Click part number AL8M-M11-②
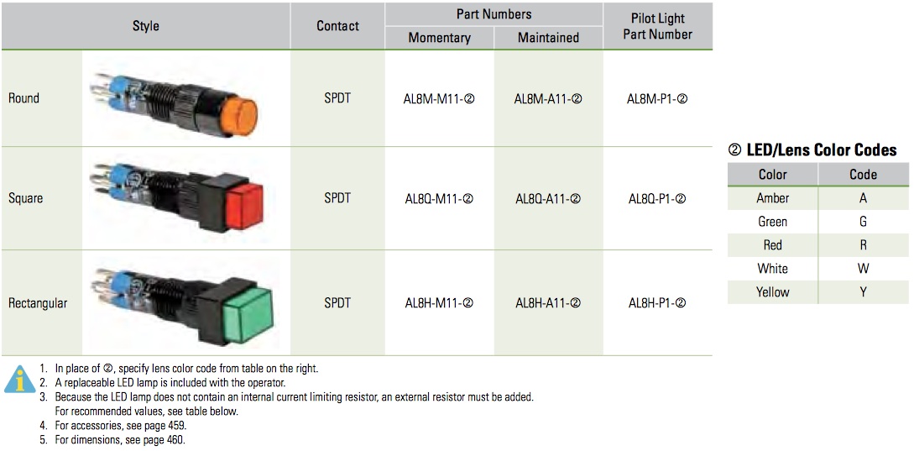click(439, 98)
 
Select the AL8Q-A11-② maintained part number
click(548, 199)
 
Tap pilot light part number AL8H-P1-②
click(657, 303)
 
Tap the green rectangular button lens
click(248, 316)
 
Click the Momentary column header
click(440, 38)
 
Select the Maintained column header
click(549, 38)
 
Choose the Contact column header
click(338, 26)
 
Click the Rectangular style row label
click(37, 303)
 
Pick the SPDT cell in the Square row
click(337, 198)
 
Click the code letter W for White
click(864, 269)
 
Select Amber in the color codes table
click(773, 198)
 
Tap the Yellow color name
click(773, 291)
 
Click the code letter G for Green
click(864, 222)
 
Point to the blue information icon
click(20, 380)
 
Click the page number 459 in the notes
click(179, 425)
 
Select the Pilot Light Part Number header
click(657, 26)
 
